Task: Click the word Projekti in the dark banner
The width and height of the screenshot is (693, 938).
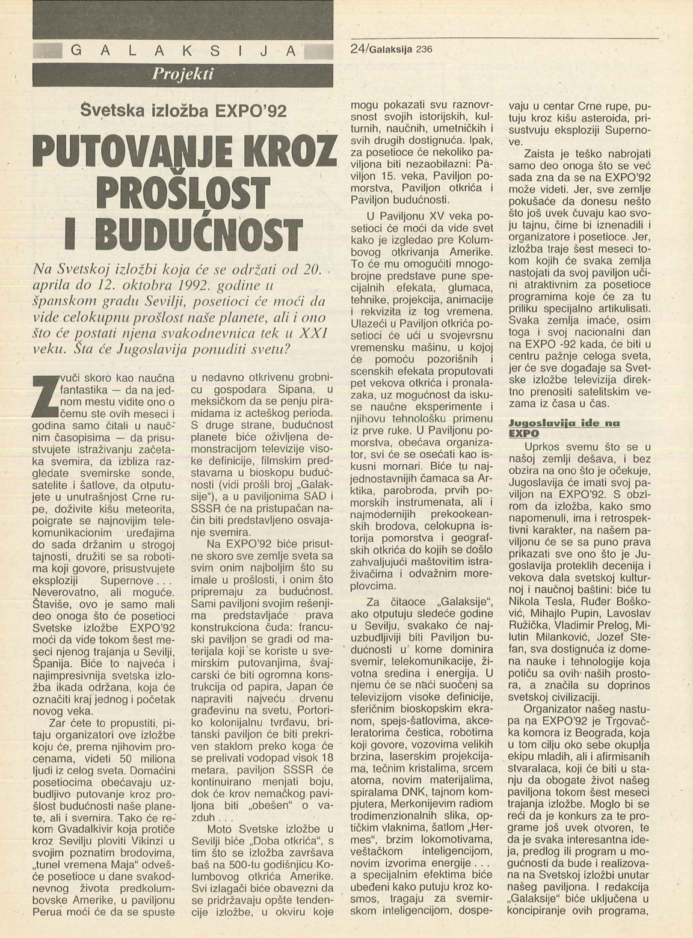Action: [x=183, y=74]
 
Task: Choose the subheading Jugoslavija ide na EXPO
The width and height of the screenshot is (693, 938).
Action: [x=564, y=428]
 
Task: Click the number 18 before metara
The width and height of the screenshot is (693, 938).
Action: [x=325, y=758]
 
